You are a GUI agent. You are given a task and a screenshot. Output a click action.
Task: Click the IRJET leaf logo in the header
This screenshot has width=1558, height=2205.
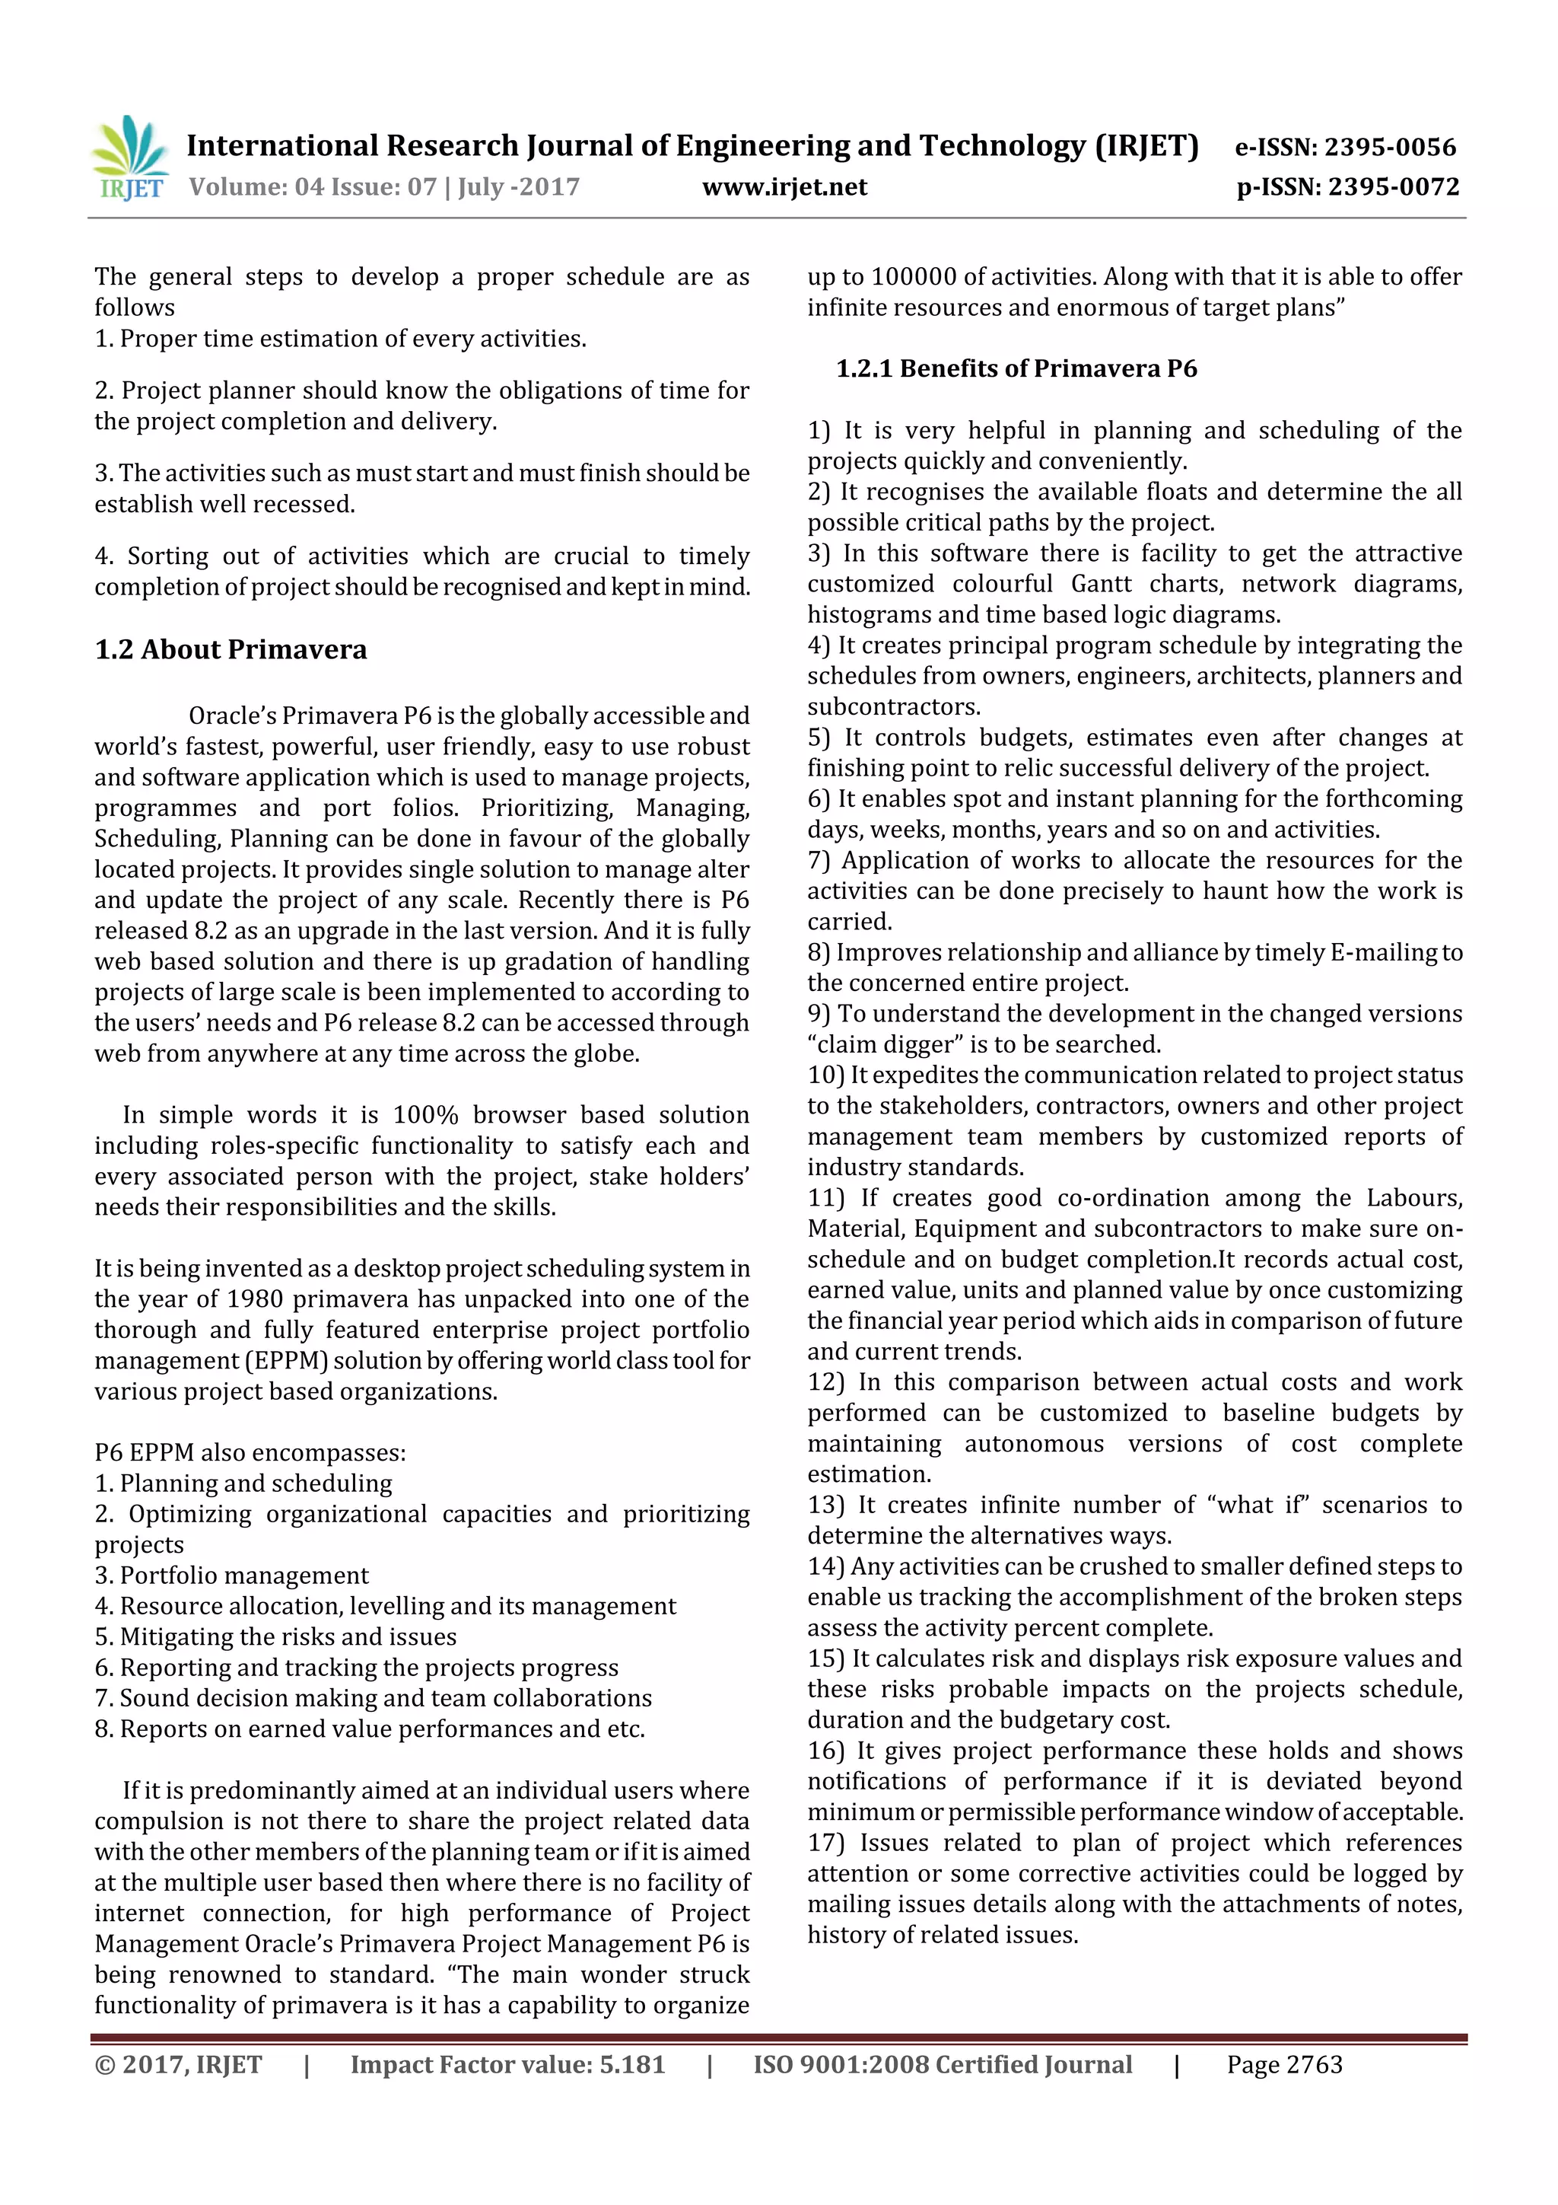pos(131,158)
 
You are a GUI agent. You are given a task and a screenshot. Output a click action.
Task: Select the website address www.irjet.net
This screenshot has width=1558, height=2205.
pos(784,187)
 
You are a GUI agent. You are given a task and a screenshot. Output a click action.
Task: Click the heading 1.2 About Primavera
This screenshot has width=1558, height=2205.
pos(231,650)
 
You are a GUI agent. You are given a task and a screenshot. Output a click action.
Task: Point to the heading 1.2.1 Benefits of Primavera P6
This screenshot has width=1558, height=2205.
pos(1016,369)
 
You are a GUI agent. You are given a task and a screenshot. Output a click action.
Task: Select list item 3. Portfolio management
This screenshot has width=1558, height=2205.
pos(231,1576)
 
